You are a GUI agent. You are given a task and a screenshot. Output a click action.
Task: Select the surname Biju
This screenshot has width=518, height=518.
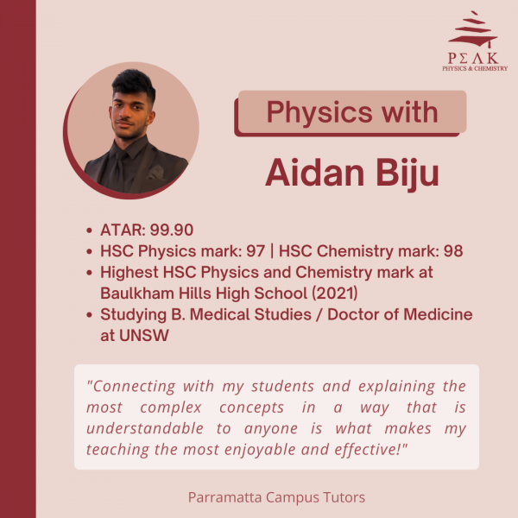coord(407,174)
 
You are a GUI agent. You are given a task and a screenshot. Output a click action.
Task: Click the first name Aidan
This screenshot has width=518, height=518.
coord(315,174)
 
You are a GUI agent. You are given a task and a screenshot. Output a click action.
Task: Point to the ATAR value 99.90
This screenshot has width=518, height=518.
coord(172,230)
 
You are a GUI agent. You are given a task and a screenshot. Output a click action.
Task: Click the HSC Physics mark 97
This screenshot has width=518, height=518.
coord(256,251)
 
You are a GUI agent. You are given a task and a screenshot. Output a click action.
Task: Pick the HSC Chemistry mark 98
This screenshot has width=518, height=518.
coord(453,251)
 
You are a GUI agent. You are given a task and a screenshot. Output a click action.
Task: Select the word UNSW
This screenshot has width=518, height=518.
coord(143,335)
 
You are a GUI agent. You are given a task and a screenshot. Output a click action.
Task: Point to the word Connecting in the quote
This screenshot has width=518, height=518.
coord(131,387)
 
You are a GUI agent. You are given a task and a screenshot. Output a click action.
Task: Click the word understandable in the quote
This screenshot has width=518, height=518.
coord(145,428)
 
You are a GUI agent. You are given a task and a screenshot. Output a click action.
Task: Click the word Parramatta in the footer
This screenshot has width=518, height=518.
coord(227,497)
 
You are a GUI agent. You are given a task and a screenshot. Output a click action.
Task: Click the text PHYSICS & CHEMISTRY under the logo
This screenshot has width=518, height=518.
coord(475,68)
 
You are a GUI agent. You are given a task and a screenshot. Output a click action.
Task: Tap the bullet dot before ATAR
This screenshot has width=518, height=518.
coord(89,231)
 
